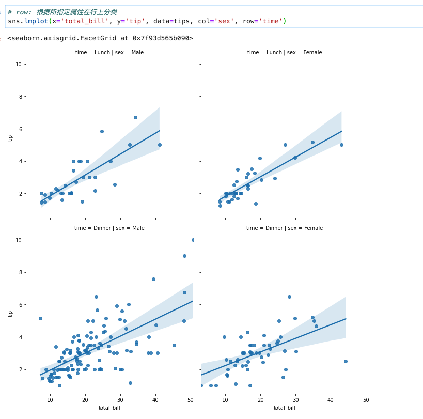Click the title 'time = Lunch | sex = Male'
(109, 52)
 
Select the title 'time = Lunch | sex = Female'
(285, 52)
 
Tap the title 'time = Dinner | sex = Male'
(109, 228)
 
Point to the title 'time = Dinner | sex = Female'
(285, 228)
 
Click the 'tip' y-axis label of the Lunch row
(10, 138)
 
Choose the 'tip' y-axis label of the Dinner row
(10, 314)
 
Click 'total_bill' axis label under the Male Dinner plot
(109, 408)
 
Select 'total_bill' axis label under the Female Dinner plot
(285, 408)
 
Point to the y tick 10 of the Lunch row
(18, 64)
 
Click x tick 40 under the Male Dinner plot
(155, 399)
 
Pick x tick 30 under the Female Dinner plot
(295, 399)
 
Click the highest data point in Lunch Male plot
(135, 117)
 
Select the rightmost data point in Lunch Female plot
(341, 145)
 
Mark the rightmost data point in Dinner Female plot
(346, 361)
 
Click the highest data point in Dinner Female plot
(289, 297)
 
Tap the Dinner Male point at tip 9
(184, 256)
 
